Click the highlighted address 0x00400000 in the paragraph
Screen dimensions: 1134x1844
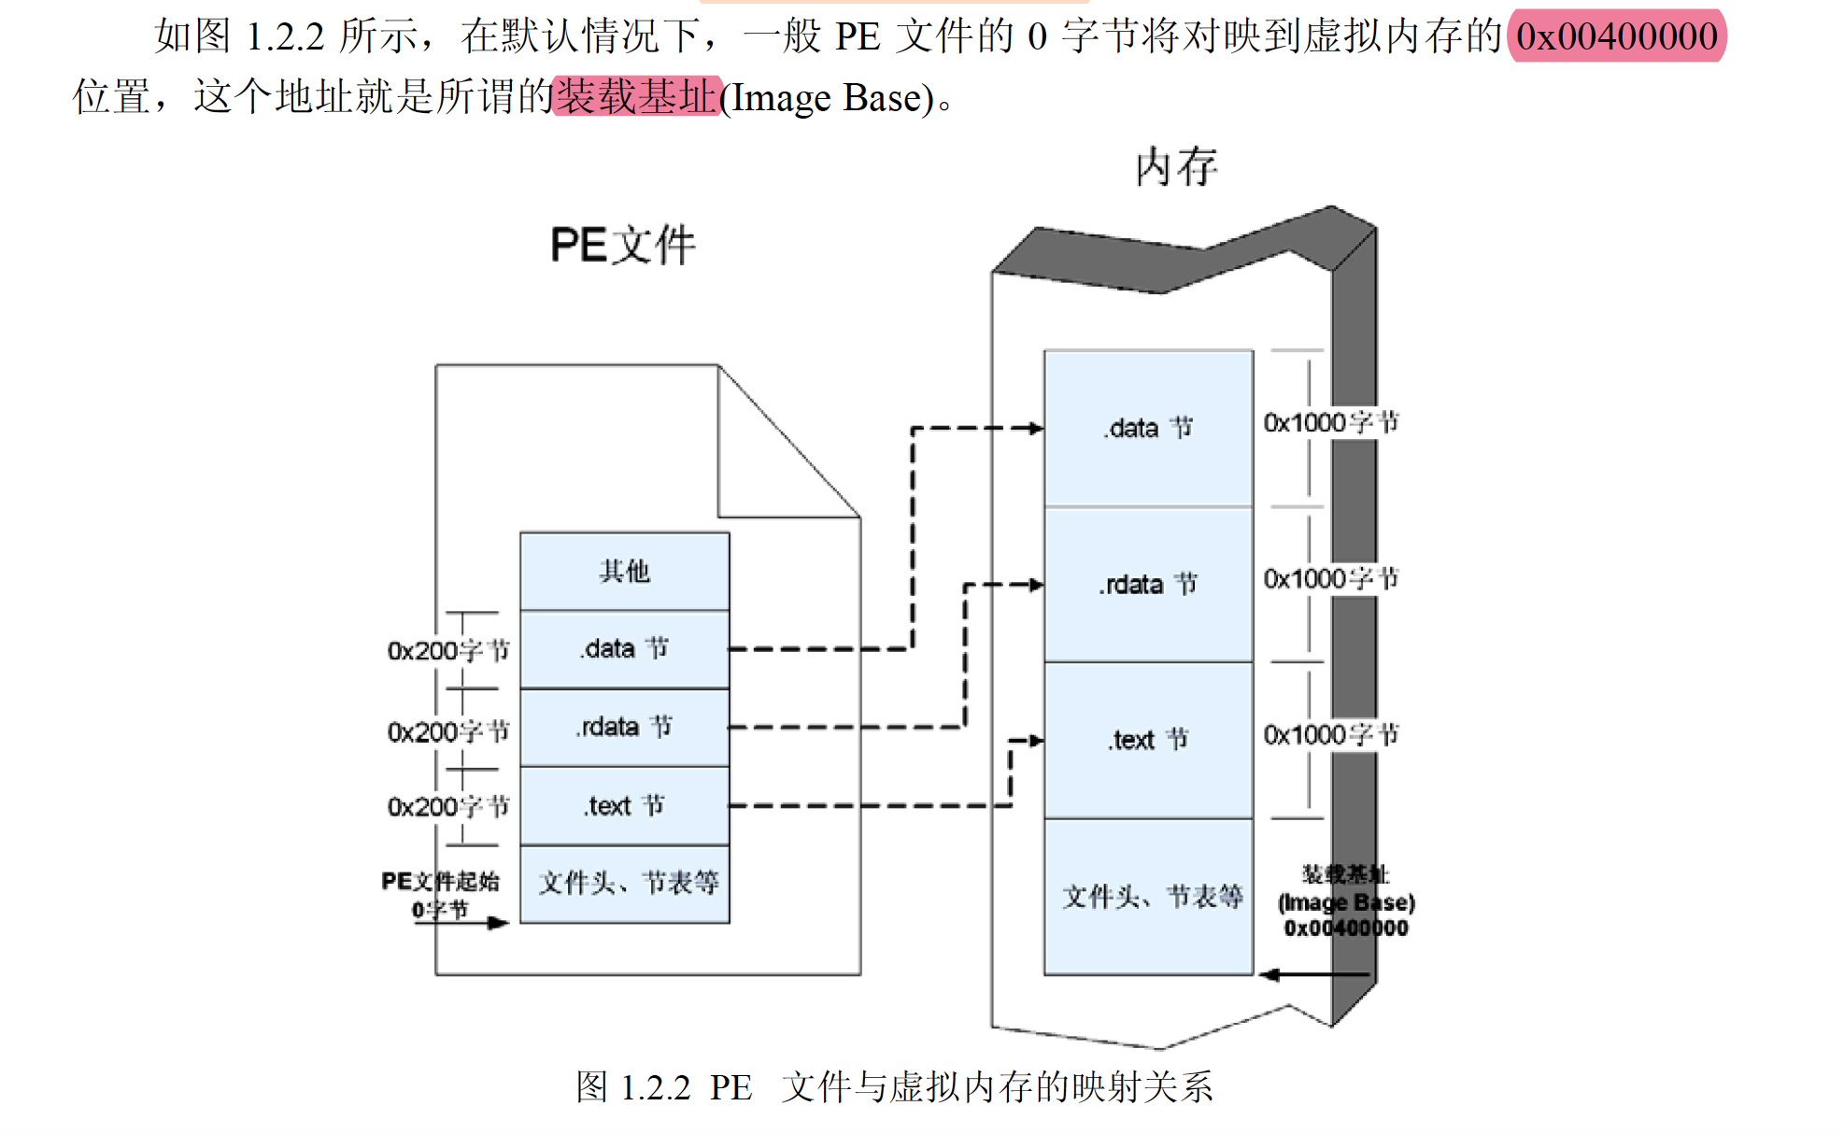coord(1616,36)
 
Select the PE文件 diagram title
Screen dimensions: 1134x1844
coord(623,246)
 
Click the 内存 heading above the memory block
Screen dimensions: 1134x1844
coord(1176,167)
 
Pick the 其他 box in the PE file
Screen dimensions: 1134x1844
coord(624,571)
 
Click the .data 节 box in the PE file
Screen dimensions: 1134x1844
coord(624,649)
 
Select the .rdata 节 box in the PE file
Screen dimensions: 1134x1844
coord(624,727)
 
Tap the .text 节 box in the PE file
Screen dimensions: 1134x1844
coord(624,805)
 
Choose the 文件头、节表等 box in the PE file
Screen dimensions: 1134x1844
coord(624,884)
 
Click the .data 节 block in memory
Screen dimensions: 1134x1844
coord(1148,429)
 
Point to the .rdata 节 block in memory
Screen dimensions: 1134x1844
coord(1148,585)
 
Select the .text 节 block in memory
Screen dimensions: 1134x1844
coord(1148,740)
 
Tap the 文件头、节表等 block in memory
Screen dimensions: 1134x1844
coord(1148,897)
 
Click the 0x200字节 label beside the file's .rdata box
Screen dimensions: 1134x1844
coord(448,731)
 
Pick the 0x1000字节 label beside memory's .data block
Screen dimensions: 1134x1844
coord(1331,422)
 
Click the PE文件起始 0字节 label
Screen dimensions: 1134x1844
coord(441,895)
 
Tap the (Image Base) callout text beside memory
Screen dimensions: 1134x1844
coord(1346,902)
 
